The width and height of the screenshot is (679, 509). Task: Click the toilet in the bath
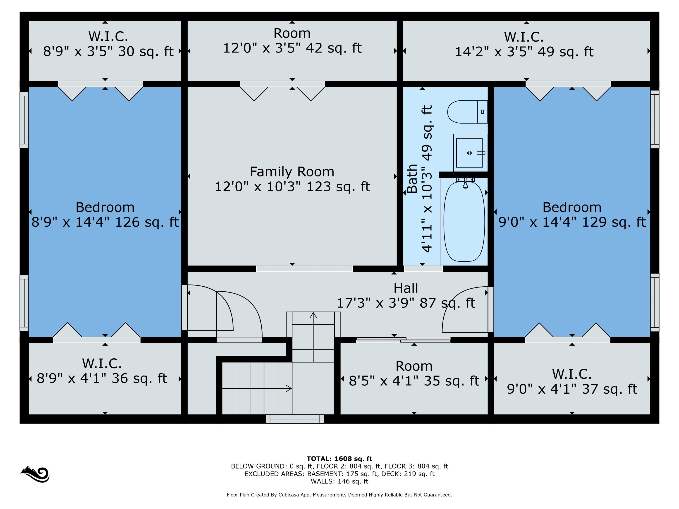[x=467, y=112]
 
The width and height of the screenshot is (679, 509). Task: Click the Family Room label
[x=292, y=171]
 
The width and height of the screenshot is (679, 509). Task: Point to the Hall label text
[x=406, y=288]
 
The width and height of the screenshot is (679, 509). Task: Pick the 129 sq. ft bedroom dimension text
[x=572, y=222]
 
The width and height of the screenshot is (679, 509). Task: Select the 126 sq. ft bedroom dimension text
[x=105, y=222]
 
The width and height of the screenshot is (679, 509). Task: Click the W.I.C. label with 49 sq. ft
[x=524, y=37]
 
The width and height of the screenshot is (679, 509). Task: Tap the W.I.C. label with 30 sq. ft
[x=108, y=36]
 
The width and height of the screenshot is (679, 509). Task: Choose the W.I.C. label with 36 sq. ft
[x=102, y=364]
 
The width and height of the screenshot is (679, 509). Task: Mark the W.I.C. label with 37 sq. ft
[x=572, y=374]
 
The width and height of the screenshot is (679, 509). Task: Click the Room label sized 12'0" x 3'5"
[x=292, y=33]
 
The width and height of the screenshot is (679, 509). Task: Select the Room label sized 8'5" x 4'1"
[x=414, y=366]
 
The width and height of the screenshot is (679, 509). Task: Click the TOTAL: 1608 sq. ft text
[x=339, y=459]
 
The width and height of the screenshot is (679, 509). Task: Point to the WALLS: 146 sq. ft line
[x=339, y=481]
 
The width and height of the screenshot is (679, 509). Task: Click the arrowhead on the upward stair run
[x=313, y=315]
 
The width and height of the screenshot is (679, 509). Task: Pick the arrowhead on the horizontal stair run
[x=289, y=388]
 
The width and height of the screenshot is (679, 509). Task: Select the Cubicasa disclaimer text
[x=339, y=495]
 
